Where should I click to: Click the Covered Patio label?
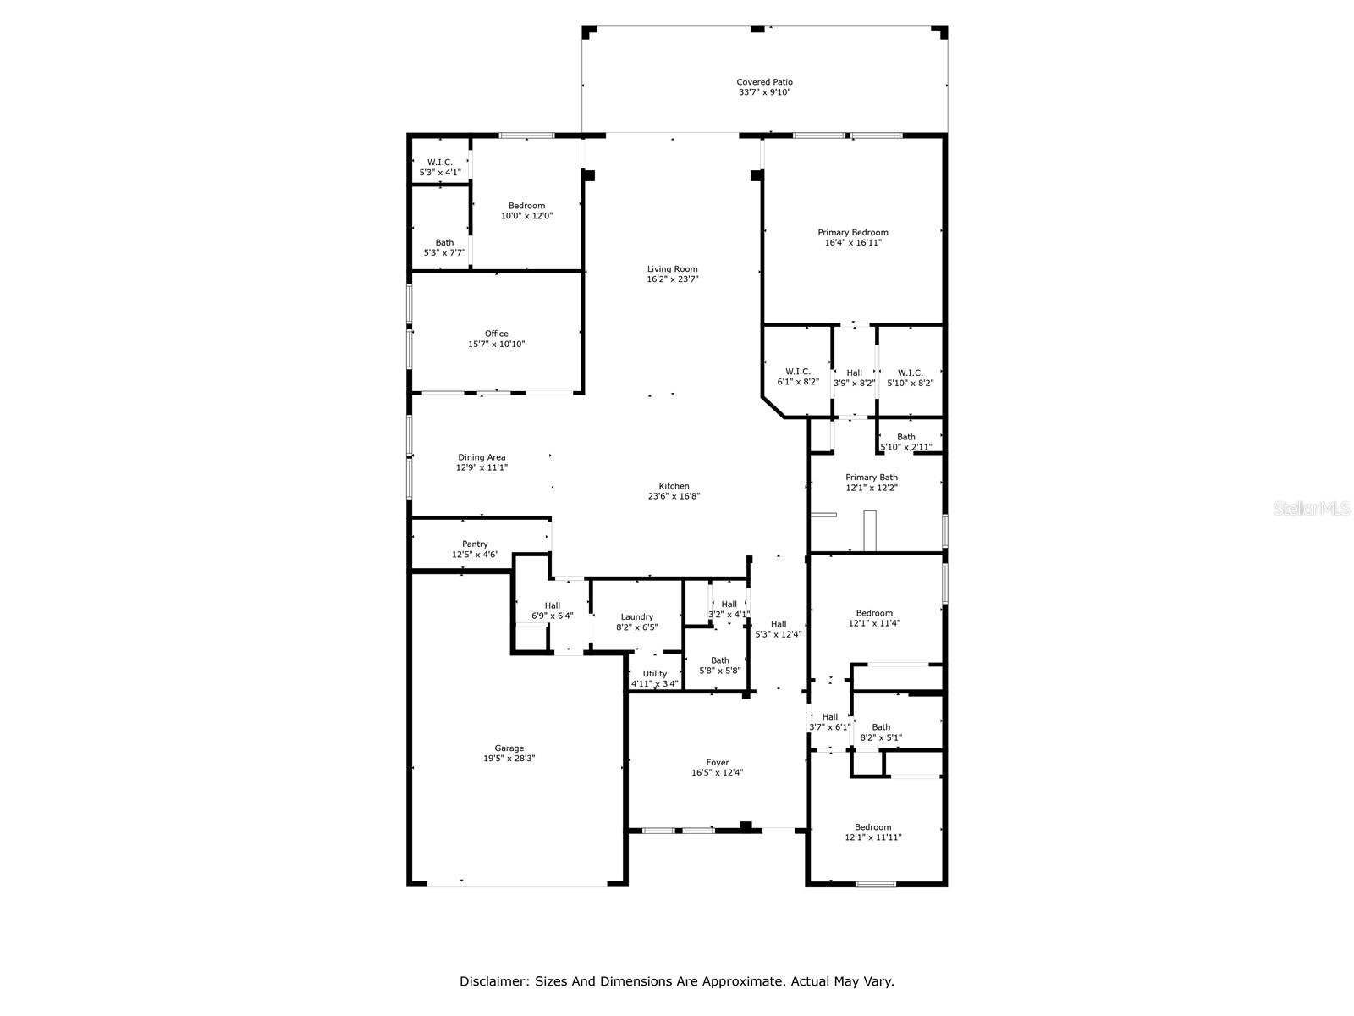(764, 82)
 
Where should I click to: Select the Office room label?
(497, 334)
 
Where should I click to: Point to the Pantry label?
(475, 544)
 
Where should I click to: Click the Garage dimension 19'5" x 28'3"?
(509, 759)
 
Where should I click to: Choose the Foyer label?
(718, 762)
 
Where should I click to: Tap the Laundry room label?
(636, 617)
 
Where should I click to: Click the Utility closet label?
(654, 674)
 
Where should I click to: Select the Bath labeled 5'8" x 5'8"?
(720, 660)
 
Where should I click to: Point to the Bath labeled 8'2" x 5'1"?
(881, 727)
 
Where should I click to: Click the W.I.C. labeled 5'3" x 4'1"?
(439, 162)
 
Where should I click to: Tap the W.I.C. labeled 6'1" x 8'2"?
(798, 373)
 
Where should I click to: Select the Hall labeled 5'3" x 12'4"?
(779, 624)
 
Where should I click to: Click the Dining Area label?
(482, 457)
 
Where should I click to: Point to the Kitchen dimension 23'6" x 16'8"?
(674, 497)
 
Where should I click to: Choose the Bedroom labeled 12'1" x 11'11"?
(872, 827)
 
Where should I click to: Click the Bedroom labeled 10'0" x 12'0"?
(526, 206)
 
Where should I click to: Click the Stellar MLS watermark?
(1313, 509)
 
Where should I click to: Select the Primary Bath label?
(872, 478)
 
